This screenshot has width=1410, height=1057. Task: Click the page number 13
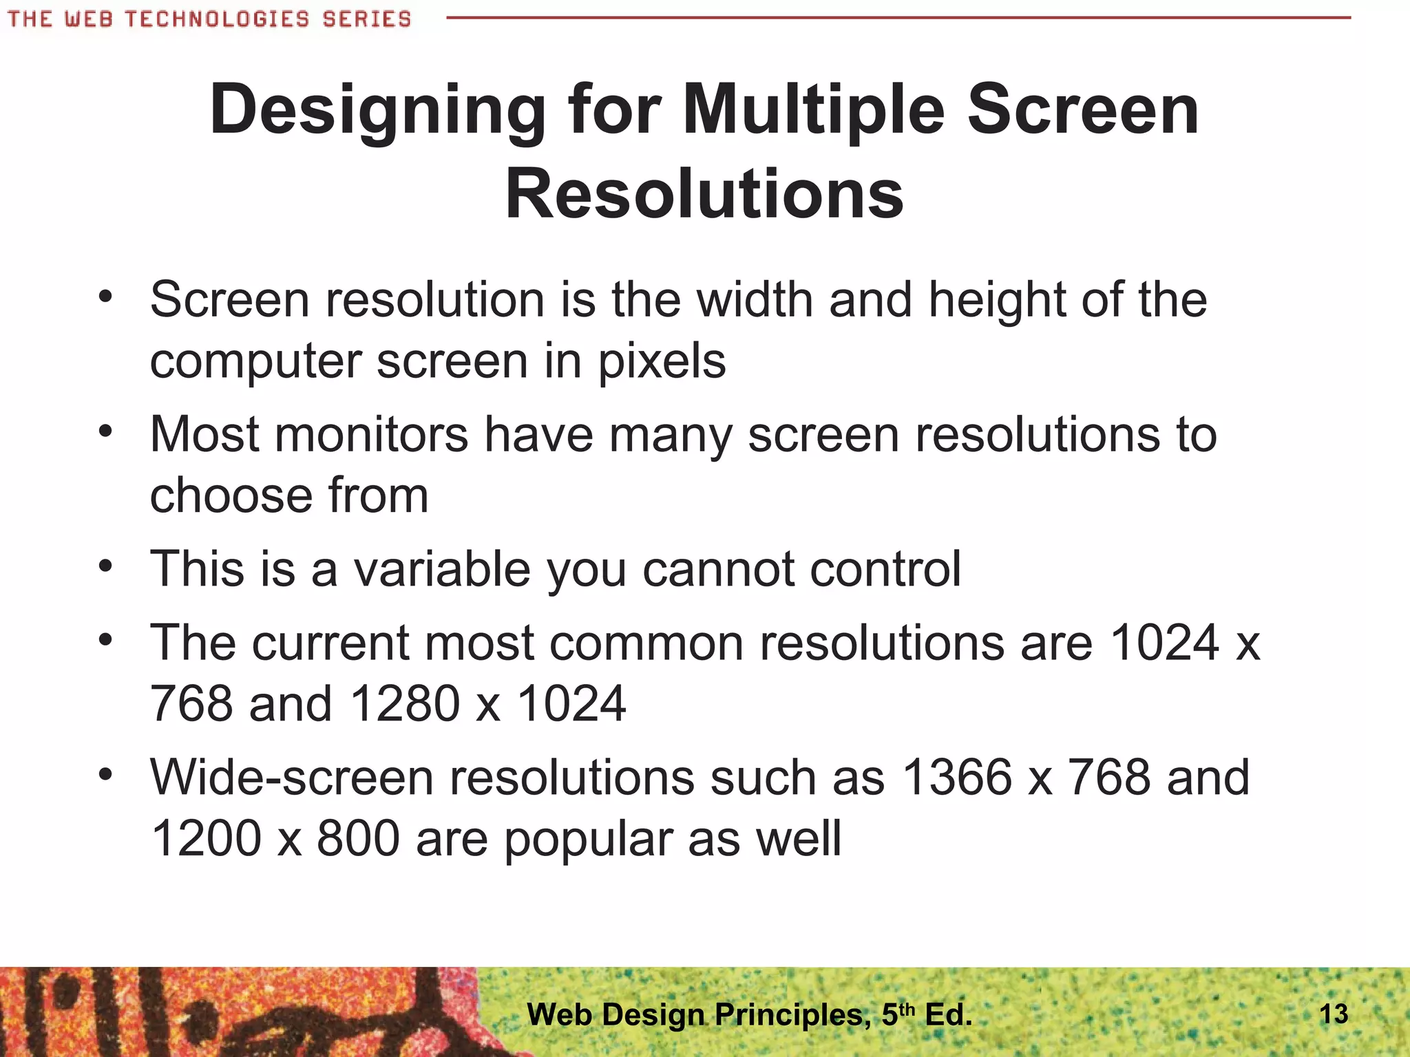[x=1334, y=1014]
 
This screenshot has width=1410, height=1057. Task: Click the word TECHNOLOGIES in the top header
[x=217, y=19]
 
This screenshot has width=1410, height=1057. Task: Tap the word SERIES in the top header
[x=366, y=19]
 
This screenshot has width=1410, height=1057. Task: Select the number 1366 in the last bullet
[x=957, y=778]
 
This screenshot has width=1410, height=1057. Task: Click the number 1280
[x=405, y=704]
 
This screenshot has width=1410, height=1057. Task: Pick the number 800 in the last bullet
[x=358, y=839]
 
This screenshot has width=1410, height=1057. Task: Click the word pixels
[x=661, y=362]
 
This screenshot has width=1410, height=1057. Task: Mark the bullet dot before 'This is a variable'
[x=105, y=567]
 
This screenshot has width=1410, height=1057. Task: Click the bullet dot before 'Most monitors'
[x=105, y=432]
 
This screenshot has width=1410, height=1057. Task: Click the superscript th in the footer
[x=908, y=1009]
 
